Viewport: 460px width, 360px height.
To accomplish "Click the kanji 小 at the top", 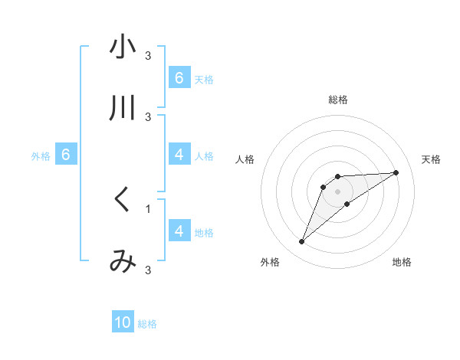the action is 123,47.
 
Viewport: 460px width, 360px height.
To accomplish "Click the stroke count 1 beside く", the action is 148,208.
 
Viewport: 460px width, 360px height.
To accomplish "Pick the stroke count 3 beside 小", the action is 148,55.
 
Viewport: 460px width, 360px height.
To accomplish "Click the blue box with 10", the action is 123,322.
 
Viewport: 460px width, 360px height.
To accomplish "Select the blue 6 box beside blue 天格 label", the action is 179,77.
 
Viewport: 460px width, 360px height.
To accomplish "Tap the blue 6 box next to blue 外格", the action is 66,155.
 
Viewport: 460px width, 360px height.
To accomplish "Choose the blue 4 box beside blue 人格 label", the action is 179,155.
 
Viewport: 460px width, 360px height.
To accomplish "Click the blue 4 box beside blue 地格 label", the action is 179,231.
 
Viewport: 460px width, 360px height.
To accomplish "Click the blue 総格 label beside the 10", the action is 147,324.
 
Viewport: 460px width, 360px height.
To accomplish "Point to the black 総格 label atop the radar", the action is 337,100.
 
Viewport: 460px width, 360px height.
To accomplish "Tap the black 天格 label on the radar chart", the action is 432,159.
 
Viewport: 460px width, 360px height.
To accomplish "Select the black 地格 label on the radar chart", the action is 402,263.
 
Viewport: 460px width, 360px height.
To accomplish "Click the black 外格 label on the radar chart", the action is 270,263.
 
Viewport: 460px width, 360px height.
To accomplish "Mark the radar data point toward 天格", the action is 396,172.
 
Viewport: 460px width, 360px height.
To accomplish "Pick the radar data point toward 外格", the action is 301,242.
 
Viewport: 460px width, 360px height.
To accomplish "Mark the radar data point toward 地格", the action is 347,204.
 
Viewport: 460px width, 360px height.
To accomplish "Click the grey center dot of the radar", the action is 337,191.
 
